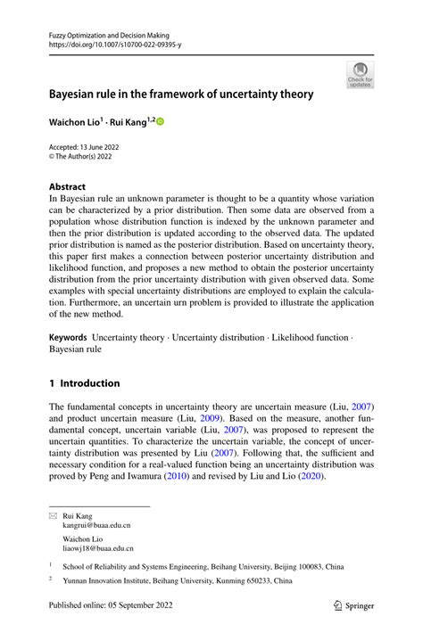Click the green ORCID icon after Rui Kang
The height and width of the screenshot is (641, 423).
(x=161, y=121)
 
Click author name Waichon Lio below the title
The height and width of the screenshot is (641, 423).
(x=73, y=122)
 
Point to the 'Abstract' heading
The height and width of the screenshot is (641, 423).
(x=67, y=188)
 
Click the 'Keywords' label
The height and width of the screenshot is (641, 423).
(x=68, y=338)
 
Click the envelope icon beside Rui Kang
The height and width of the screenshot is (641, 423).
(x=54, y=515)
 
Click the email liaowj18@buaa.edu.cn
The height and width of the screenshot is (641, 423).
(x=98, y=548)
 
